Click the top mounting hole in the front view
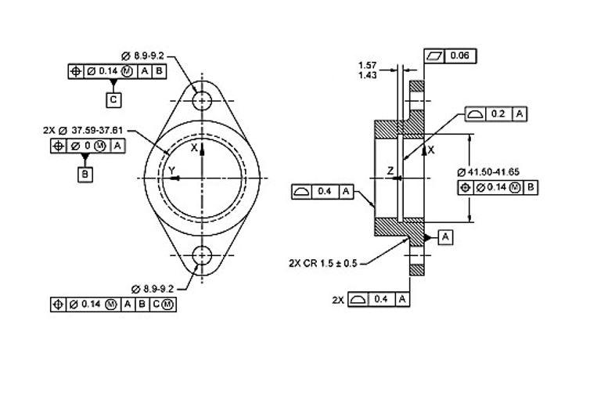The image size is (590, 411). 202,100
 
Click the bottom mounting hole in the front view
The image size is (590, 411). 202,255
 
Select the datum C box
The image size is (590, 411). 114,99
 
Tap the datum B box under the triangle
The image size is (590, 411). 85,175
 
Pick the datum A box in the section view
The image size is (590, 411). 444,236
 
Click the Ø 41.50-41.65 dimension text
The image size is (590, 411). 489,171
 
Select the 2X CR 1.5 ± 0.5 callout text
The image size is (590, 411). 322,263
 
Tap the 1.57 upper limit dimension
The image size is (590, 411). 367,65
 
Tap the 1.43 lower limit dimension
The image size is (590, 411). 367,75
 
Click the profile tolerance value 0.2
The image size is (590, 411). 497,114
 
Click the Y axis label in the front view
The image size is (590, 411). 171,170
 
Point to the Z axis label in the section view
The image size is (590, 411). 389,170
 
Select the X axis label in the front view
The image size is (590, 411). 194,147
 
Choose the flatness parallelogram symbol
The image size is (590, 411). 436,56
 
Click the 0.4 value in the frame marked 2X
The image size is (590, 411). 381,300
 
